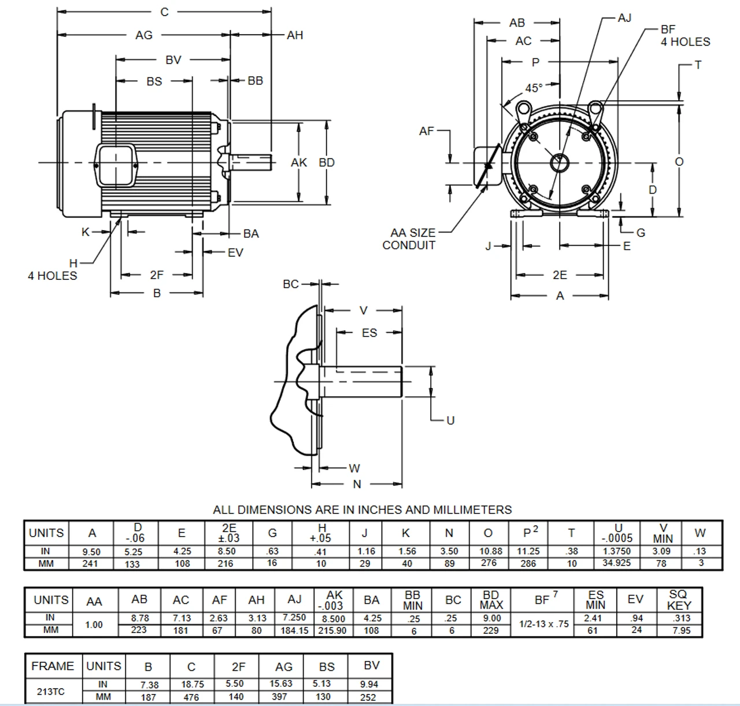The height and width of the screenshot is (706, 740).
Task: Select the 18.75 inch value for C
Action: (191, 684)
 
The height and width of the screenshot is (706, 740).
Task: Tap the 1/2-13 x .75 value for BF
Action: (543, 624)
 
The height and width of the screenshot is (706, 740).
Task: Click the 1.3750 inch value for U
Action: (616, 551)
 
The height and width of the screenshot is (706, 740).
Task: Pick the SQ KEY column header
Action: (678, 600)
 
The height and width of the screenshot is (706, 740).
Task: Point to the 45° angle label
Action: (534, 88)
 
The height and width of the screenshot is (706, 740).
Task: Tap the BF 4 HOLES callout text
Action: (684, 36)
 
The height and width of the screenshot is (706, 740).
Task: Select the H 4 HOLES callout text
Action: (53, 270)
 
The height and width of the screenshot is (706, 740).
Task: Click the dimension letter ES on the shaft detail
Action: (369, 333)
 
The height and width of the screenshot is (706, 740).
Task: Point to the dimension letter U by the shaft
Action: (450, 420)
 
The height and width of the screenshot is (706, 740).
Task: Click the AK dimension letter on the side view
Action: (299, 163)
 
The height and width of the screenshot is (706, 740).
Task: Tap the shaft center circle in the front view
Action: (560, 163)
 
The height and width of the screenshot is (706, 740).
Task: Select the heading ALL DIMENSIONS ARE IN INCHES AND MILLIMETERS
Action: (362, 510)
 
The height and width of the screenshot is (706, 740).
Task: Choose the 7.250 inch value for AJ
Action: (294, 618)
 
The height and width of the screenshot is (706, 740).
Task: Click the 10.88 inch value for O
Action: (490, 551)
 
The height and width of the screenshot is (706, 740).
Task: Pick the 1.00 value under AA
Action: (94, 624)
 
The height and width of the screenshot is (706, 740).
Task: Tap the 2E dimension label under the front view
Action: (560, 275)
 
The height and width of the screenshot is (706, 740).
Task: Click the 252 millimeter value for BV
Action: (369, 697)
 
